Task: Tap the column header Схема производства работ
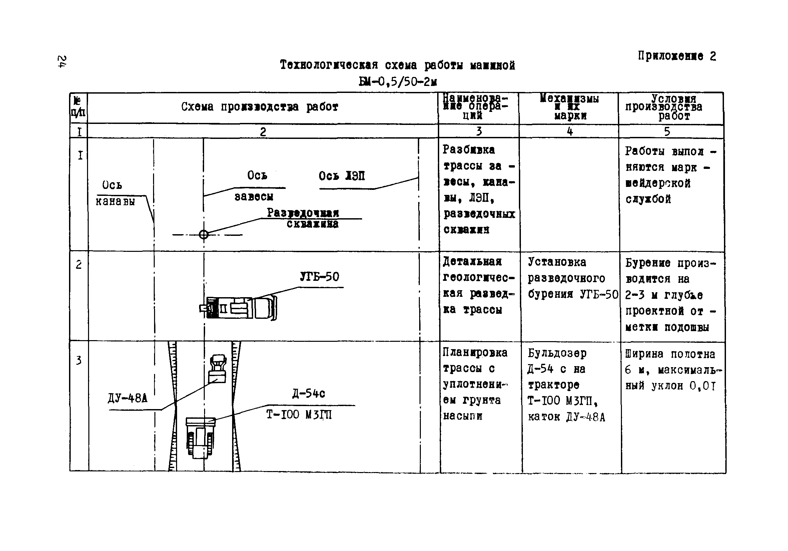[259, 107]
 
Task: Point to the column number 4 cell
[570, 131]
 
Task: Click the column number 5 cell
[667, 131]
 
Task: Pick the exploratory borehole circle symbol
[203, 235]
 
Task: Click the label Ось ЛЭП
[341, 176]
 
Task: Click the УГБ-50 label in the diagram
[319, 277]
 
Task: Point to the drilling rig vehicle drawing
[238, 307]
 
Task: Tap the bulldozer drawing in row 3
[200, 437]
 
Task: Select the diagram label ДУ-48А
[127, 398]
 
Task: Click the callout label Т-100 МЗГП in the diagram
[298, 415]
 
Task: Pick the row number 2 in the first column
[79, 265]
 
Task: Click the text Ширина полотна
[670, 354]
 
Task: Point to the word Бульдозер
[557, 353]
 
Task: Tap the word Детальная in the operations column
[472, 262]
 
